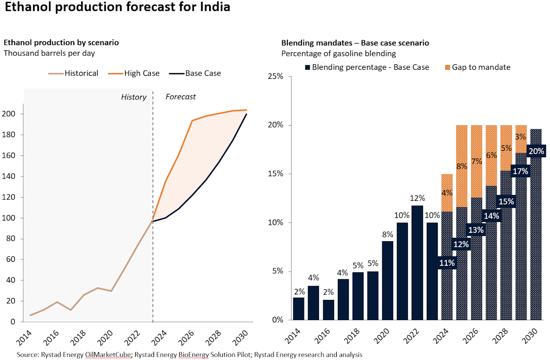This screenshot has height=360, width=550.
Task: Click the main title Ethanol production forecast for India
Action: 117,8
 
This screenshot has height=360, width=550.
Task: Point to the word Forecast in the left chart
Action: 181,97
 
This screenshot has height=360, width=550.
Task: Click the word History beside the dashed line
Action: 133,97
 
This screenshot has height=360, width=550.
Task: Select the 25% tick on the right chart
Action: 275,77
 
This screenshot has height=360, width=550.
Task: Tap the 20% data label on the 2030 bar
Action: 536,151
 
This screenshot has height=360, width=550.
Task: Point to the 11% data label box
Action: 447,263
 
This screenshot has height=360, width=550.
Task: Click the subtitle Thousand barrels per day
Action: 49,53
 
